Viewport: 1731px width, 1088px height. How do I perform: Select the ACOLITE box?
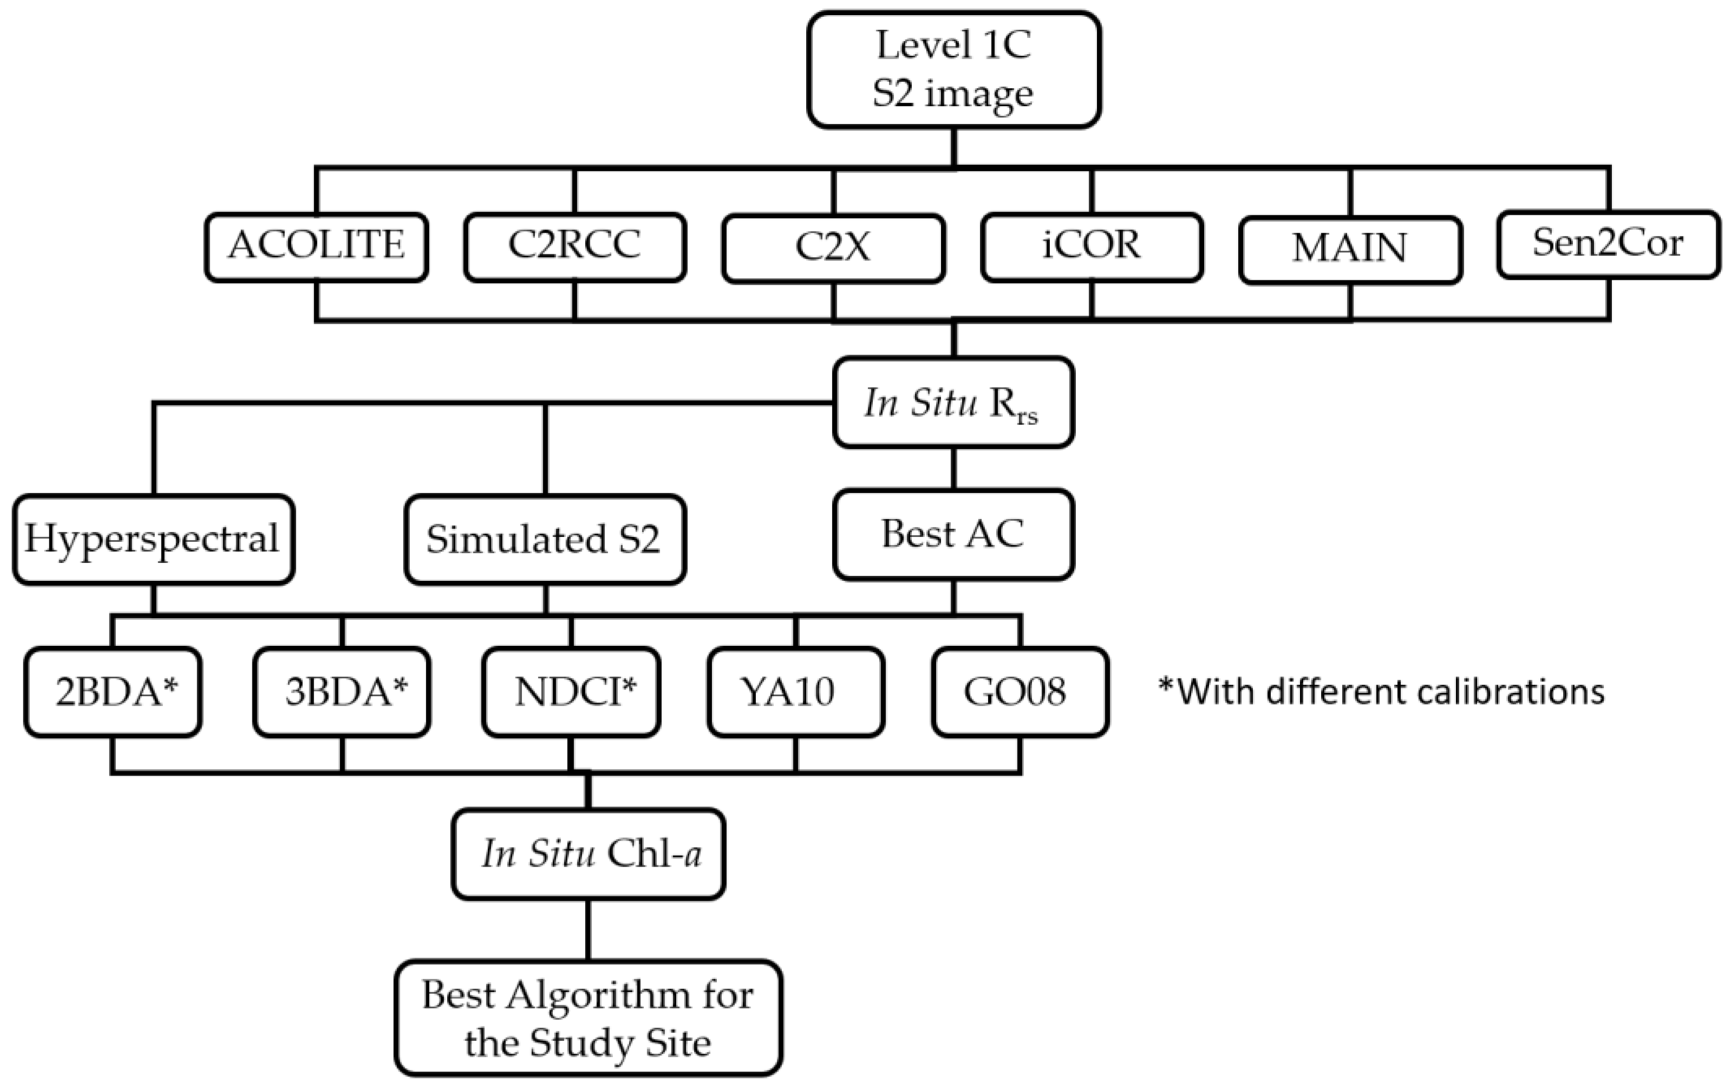[x=316, y=246]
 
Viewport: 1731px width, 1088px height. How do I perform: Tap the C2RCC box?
[x=574, y=246]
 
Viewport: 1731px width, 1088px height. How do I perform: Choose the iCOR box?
[x=1091, y=246]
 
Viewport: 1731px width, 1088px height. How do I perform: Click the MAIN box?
[x=1350, y=250]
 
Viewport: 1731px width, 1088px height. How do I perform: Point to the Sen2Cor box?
[x=1608, y=244]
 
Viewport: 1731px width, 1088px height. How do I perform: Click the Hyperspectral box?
[x=153, y=539]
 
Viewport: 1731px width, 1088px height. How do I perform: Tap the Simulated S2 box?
[x=545, y=539]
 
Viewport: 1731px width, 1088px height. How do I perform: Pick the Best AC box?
[x=953, y=534]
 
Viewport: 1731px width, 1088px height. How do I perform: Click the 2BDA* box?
[x=113, y=692]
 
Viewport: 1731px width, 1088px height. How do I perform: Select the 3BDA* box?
[x=342, y=692]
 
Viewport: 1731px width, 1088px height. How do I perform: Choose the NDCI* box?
[x=571, y=692]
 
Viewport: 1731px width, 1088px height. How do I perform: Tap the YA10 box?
[x=796, y=692]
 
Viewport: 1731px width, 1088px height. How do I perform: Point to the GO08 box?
[x=1020, y=692]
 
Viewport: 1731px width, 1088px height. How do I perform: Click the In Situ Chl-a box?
[x=589, y=854]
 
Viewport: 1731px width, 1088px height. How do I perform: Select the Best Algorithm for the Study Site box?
[x=589, y=1018]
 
